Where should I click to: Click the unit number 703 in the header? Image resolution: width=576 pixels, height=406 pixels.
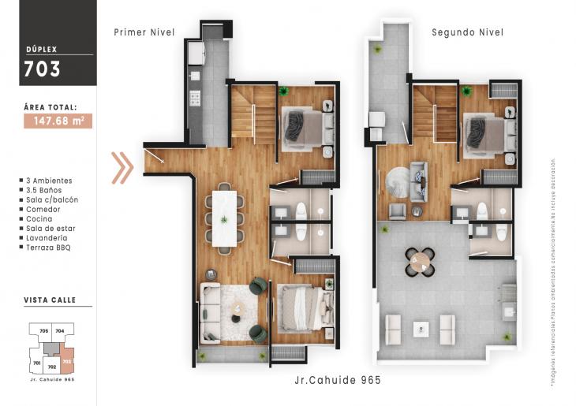point(42,69)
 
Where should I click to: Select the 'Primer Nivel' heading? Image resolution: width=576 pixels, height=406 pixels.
point(144,32)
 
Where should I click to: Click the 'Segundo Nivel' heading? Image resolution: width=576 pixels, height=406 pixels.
point(467,32)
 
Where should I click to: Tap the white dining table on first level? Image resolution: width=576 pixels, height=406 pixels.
point(224,217)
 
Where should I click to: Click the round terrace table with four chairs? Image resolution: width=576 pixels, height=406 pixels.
point(419,263)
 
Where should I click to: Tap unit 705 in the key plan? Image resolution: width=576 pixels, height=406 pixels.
point(44,331)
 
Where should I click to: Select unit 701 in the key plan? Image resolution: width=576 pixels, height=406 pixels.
point(36,363)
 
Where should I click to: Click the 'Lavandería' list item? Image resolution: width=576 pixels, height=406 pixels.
point(47,238)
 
